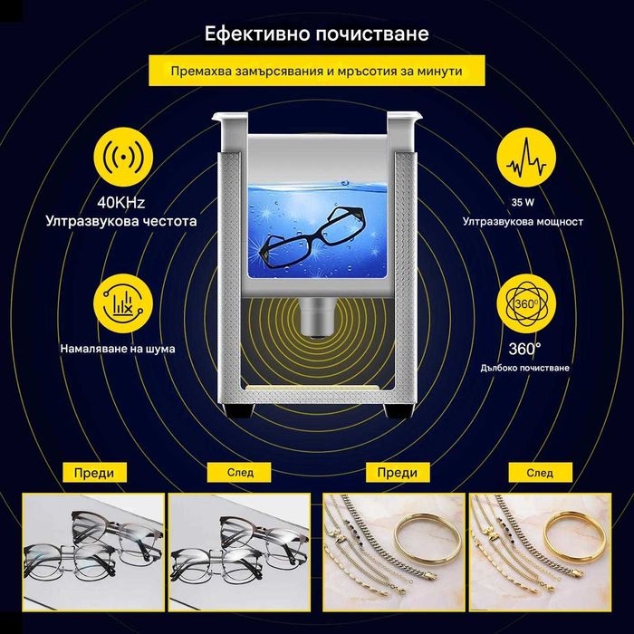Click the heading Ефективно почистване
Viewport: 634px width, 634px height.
pos(317,34)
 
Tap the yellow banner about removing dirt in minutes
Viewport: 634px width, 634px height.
pos(317,71)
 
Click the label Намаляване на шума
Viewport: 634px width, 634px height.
pos(119,347)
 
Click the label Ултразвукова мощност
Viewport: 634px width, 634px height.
pos(523,221)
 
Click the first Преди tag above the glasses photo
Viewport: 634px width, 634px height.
pos(94,472)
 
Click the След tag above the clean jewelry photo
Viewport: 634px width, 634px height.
pos(540,472)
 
